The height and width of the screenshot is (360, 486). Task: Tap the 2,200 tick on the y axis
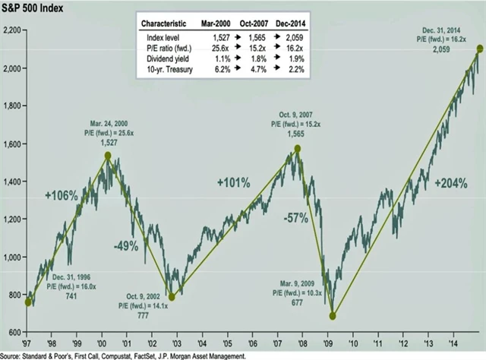pyautogui.click(x=14, y=30)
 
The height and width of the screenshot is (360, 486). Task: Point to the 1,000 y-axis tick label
pyautogui.click(x=14, y=257)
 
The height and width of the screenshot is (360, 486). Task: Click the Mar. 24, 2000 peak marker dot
pyautogui.click(x=108, y=156)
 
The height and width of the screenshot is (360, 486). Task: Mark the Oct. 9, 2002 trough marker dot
pyautogui.click(x=172, y=297)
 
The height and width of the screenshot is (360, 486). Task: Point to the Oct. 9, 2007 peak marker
pyautogui.click(x=298, y=149)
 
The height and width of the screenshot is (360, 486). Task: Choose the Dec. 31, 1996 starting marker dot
pyautogui.click(x=29, y=302)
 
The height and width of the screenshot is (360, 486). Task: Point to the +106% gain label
pyautogui.click(x=61, y=195)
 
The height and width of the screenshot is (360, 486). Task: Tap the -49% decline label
pyautogui.click(x=125, y=246)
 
